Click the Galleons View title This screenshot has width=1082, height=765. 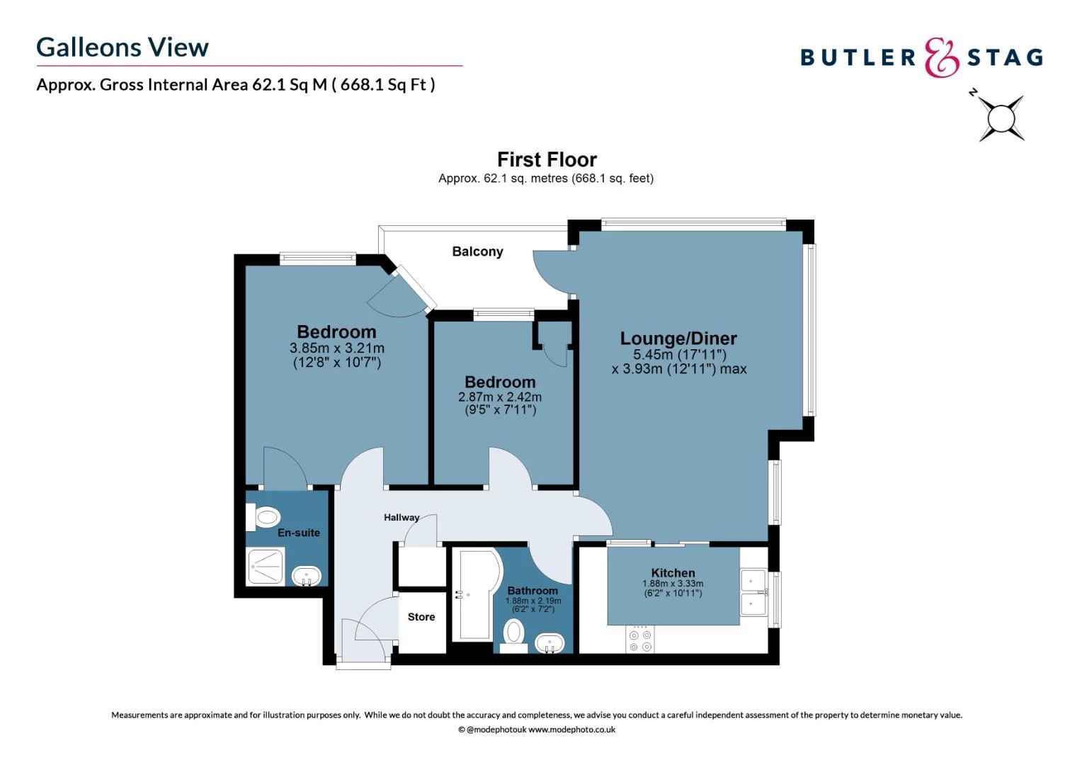123,47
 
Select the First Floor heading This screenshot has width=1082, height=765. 547,159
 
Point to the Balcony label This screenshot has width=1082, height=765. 477,251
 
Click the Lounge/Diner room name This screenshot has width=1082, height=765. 678,339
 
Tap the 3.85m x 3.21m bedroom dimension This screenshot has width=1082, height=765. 336,348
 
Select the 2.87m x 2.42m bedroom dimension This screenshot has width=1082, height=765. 500,397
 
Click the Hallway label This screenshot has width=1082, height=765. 402,517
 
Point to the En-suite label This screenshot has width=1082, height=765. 298,533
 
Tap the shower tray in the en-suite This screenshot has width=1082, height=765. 265,567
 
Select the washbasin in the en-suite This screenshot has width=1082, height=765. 307,575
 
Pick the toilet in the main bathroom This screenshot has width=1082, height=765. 514,633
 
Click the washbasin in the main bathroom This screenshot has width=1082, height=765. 549,644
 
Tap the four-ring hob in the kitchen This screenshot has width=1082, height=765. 640,640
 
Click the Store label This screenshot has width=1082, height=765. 421,617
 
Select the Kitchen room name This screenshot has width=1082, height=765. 673,573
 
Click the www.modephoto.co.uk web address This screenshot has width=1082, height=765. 571,730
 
